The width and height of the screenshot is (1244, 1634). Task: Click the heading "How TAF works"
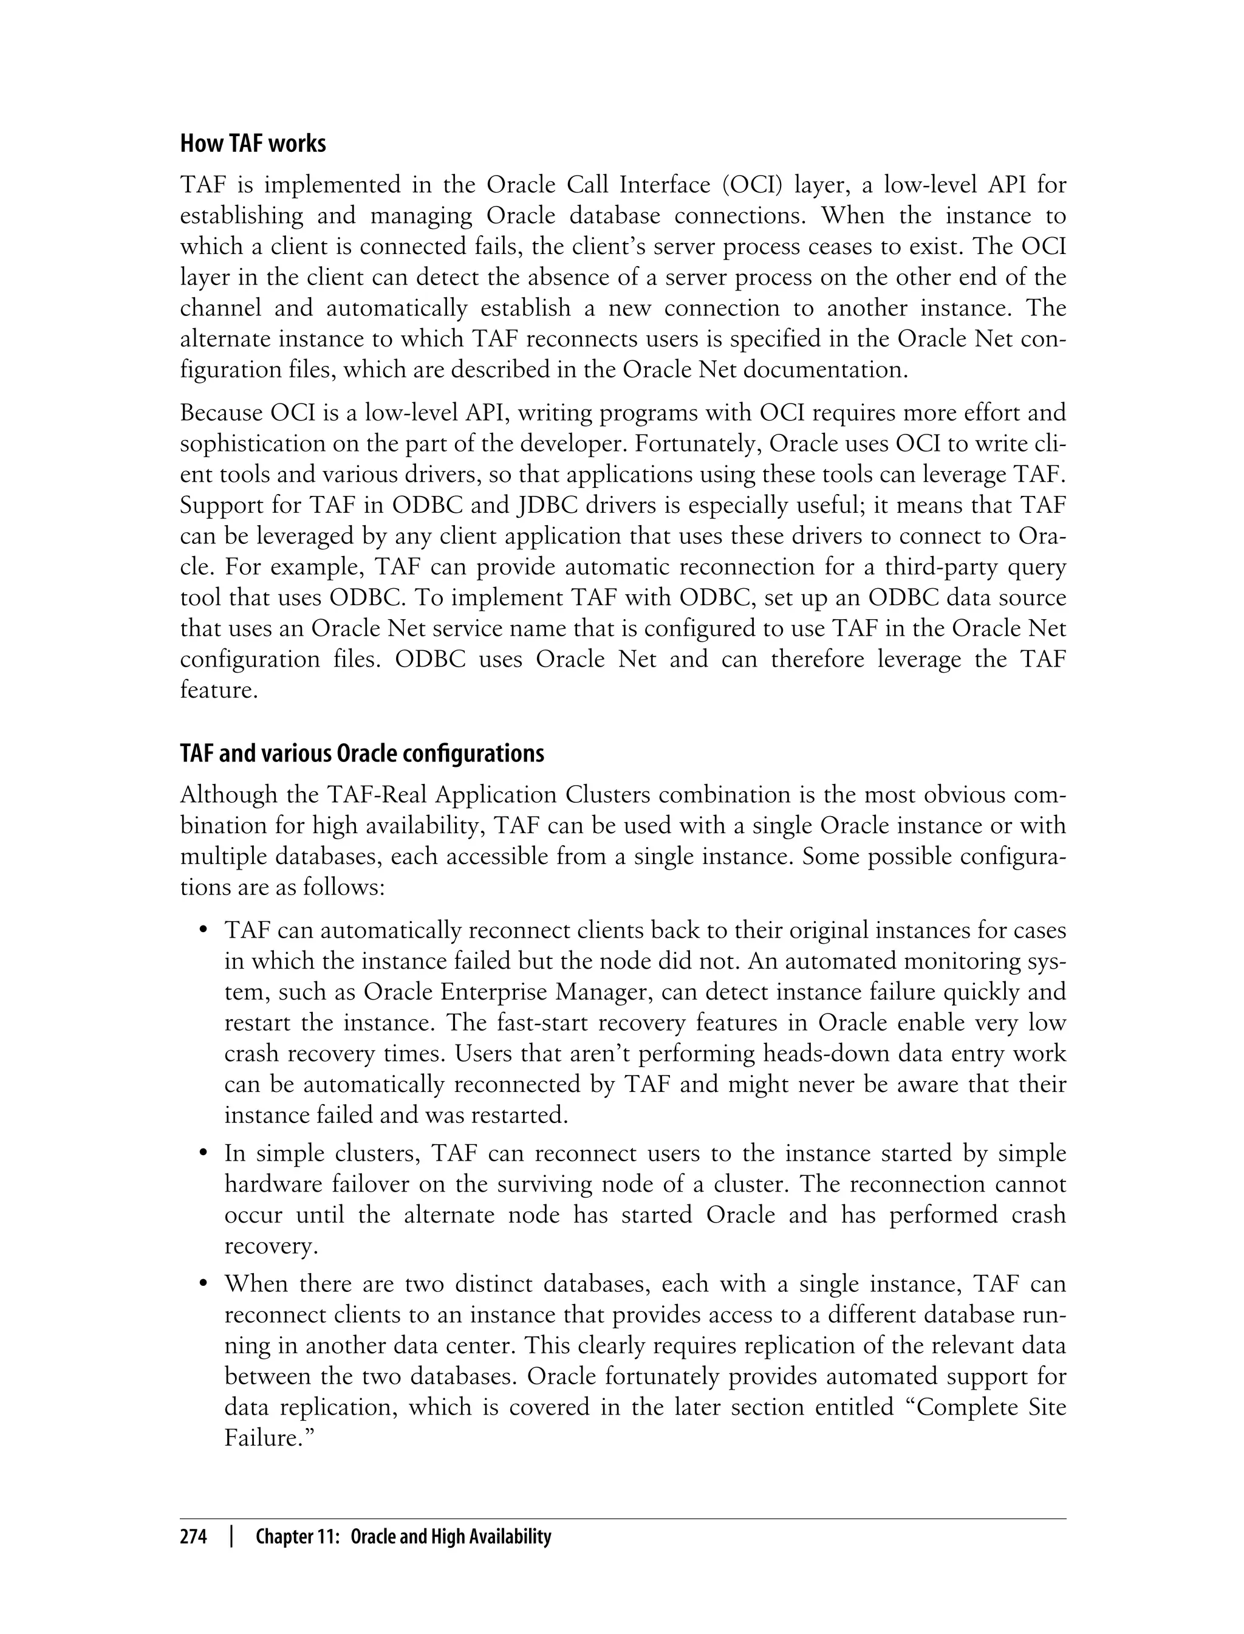(253, 143)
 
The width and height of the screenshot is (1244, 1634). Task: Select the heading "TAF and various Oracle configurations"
(362, 754)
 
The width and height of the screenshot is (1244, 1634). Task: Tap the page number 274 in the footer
(193, 1537)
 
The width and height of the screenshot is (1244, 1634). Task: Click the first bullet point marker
(202, 931)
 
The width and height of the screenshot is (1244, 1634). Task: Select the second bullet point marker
(202, 1155)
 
